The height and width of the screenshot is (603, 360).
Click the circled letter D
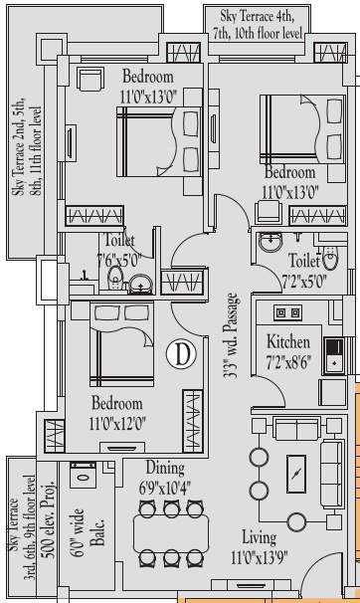pyautogui.click(x=182, y=352)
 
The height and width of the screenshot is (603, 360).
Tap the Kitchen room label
pyautogui.click(x=288, y=342)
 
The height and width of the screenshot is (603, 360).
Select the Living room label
pyautogui.click(x=259, y=538)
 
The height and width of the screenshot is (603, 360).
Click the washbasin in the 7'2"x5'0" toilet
pyautogui.click(x=270, y=243)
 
